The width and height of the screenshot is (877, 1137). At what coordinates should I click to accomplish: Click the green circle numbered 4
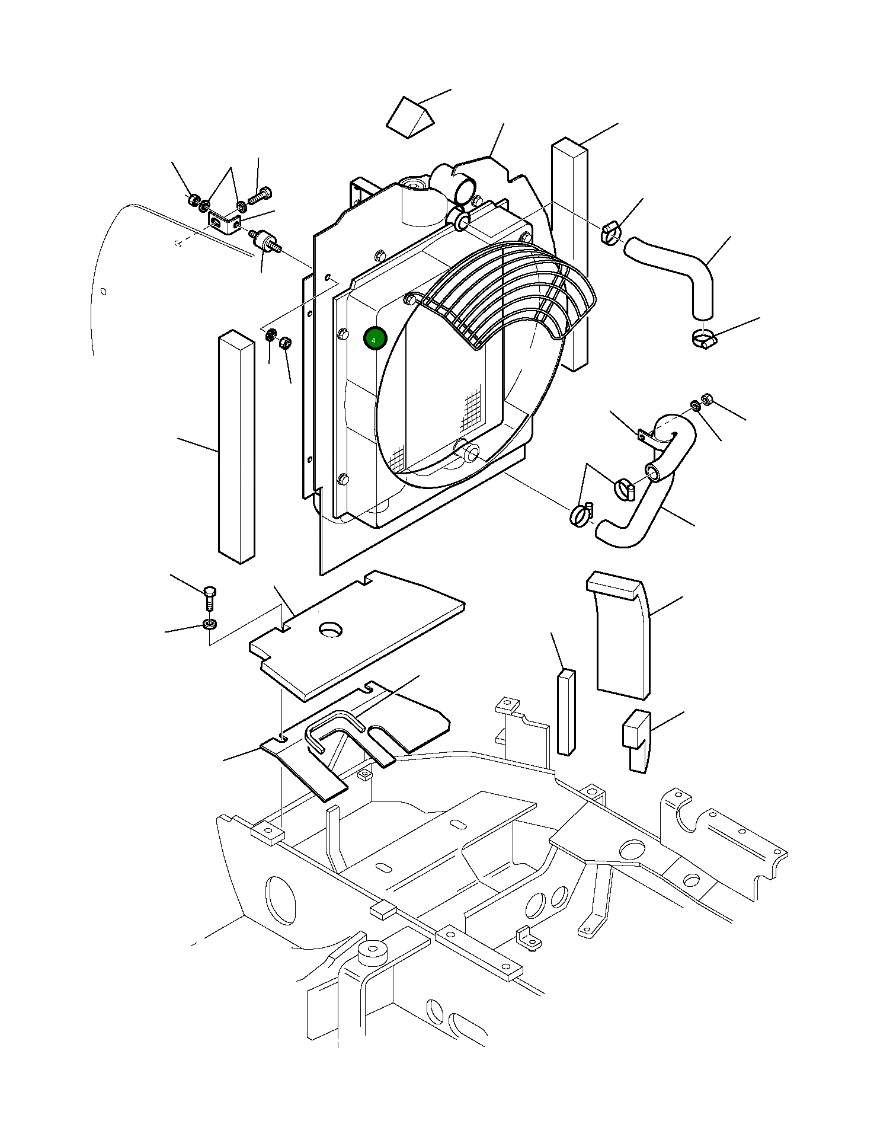click(x=375, y=339)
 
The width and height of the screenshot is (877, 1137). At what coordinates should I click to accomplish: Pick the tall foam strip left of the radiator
click(x=236, y=448)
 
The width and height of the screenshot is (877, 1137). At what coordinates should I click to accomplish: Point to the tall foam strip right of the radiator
click(x=570, y=255)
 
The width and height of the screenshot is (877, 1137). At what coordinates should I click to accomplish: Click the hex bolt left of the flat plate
click(x=210, y=598)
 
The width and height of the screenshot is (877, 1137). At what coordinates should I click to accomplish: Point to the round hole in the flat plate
click(x=331, y=629)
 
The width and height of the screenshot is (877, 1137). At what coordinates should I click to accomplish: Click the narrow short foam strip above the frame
click(x=566, y=711)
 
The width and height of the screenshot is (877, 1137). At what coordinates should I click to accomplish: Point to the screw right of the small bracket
click(x=261, y=195)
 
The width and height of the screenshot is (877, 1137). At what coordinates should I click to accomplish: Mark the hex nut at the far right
click(x=706, y=399)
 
